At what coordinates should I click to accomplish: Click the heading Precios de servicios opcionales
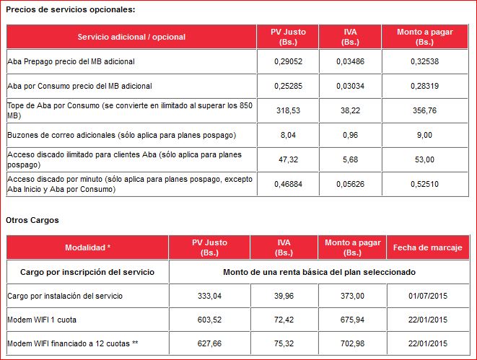click(70, 9)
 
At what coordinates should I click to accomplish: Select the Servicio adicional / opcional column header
click(131, 37)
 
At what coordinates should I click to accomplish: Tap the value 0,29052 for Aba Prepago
click(286, 62)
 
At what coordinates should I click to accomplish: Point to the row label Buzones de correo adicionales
click(121, 136)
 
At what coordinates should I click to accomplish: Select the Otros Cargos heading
click(32, 219)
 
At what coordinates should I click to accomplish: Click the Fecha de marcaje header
click(426, 247)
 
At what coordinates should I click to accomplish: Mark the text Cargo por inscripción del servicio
click(88, 272)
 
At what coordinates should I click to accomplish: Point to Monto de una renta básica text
click(320, 272)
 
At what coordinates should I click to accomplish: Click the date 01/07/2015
click(426, 296)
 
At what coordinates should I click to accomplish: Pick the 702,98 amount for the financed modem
click(353, 343)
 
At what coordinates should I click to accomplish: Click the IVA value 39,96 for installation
click(284, 296)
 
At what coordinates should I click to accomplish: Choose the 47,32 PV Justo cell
click(286, 159)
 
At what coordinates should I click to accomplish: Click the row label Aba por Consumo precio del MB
click(79, 87)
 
